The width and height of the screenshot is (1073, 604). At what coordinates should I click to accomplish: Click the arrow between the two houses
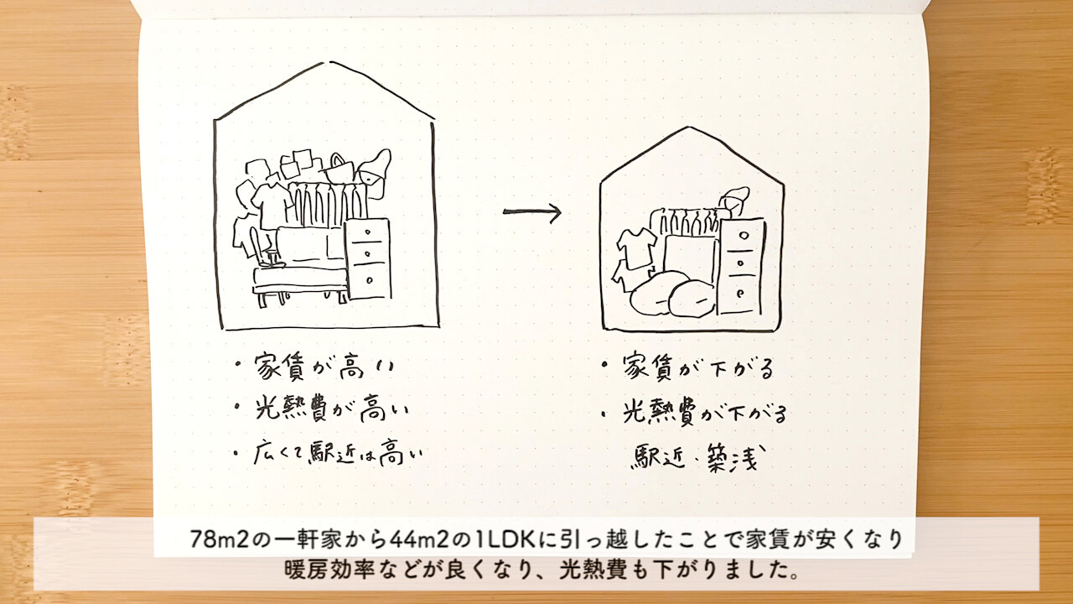(x=531, y=211)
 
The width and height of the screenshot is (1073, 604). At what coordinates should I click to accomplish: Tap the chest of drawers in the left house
(x=368, y=259)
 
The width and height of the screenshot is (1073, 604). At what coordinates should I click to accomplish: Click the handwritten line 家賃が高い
(x=324, y=367)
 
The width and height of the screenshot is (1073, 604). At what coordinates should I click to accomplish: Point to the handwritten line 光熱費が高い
(x=331, y=410)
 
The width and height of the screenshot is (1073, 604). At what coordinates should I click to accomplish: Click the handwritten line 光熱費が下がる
(x=704, y=411)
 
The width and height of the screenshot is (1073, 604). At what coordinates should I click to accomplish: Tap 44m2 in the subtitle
(x=418, y=539)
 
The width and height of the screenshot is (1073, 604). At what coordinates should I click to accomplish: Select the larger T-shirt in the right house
(x=636, y=248)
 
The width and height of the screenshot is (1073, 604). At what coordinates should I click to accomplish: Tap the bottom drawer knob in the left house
(x=370, y=279)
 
